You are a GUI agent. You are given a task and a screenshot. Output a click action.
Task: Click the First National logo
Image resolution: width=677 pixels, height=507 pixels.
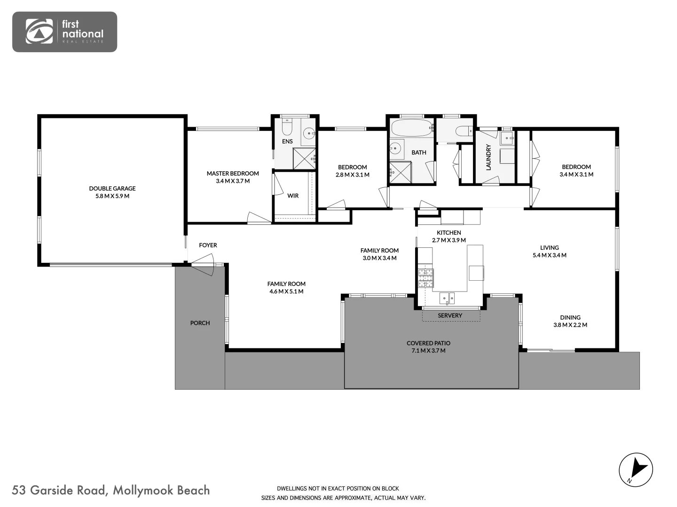point(64,31)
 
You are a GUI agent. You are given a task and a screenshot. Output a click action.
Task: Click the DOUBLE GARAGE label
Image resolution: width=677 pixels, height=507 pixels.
point(112,188)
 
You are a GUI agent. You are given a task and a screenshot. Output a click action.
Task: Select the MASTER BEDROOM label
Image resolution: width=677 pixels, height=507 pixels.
point(233,173)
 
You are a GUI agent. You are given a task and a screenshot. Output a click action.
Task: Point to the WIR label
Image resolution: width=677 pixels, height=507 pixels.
point(293,196)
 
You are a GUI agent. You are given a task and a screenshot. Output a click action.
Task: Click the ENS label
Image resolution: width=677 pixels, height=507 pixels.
point(287,141)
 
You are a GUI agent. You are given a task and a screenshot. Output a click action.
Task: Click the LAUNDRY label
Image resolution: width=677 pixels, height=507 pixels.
point(488,157)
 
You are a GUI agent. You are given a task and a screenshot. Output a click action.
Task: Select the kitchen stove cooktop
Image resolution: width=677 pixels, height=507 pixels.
point(426,278)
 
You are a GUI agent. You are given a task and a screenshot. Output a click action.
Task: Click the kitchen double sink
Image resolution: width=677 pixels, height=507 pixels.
point(447,298)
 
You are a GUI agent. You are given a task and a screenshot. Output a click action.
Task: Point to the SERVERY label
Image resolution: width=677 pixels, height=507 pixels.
point(450,315)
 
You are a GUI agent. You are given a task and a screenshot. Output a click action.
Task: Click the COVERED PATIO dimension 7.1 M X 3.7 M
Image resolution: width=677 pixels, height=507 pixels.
point(428,351)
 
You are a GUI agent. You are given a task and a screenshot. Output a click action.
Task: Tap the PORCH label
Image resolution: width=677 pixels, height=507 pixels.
point(200,323)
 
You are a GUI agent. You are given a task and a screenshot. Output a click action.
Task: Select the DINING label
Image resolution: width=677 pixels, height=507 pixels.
point(570,317)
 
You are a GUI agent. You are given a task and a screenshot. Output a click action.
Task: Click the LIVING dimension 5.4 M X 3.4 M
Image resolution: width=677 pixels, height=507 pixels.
point(549,255)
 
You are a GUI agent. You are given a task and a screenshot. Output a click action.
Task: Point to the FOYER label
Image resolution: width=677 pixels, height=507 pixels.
point(208,245)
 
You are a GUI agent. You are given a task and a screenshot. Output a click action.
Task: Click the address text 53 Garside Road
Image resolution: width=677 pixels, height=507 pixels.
point(59,491)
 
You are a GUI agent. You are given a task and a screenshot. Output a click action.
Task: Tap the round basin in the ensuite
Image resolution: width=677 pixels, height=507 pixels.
point(308,133)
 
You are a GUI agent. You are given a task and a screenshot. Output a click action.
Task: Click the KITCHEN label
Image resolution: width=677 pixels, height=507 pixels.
point(449,232)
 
